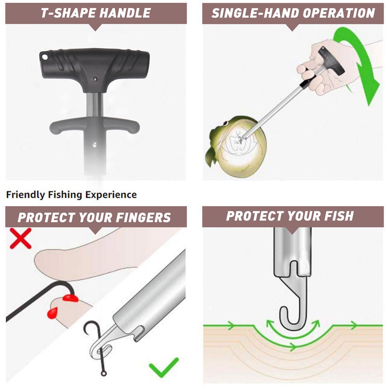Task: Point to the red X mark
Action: point(20,238)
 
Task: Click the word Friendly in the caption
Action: point(26,194)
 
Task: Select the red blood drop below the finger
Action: point(53,312)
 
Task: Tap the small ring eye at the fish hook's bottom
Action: point(104,374)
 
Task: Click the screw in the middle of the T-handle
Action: point(96,78)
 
